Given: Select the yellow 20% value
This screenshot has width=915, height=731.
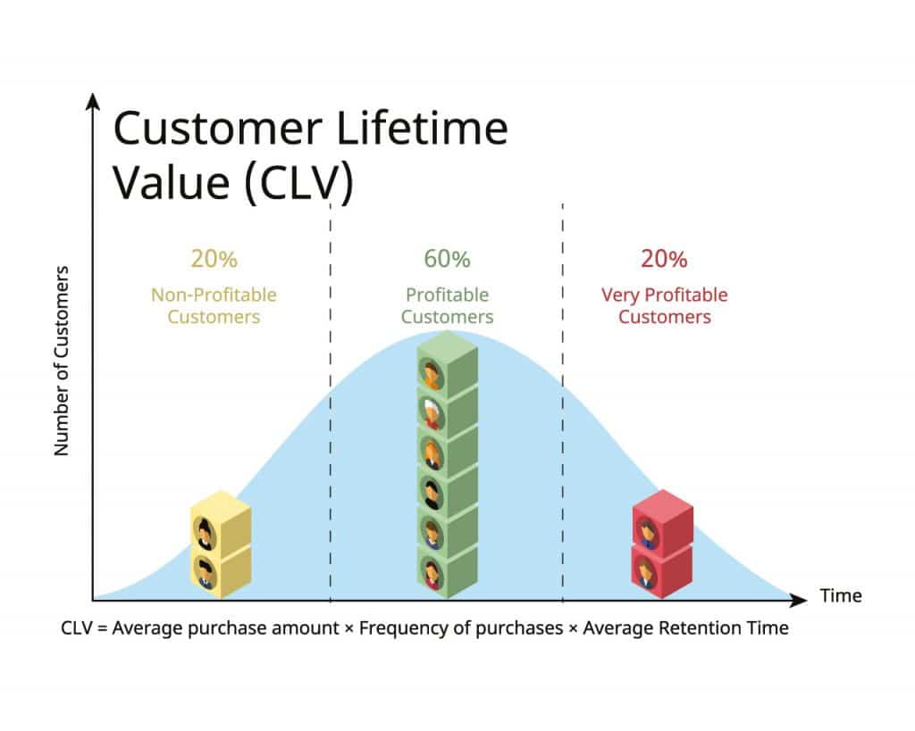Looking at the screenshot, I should click(214, 260).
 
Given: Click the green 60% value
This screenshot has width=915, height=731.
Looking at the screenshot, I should click(447, 260).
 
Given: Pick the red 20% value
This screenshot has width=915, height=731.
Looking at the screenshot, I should click(664, 260).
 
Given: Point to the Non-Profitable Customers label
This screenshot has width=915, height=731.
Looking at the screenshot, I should click(214, 305).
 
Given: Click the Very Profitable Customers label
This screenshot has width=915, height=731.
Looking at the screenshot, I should click(664, 305).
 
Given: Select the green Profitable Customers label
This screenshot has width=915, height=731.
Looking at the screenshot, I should click(447, 305).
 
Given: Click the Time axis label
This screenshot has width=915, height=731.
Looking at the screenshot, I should click(841, 595).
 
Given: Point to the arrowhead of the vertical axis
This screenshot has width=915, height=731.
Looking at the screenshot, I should click(92, 100).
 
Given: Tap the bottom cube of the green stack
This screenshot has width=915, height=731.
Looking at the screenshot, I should click(447, 568).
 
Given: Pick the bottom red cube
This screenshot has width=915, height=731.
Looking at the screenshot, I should click(662, 569).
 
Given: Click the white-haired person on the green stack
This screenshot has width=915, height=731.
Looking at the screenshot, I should click(432, 411).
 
